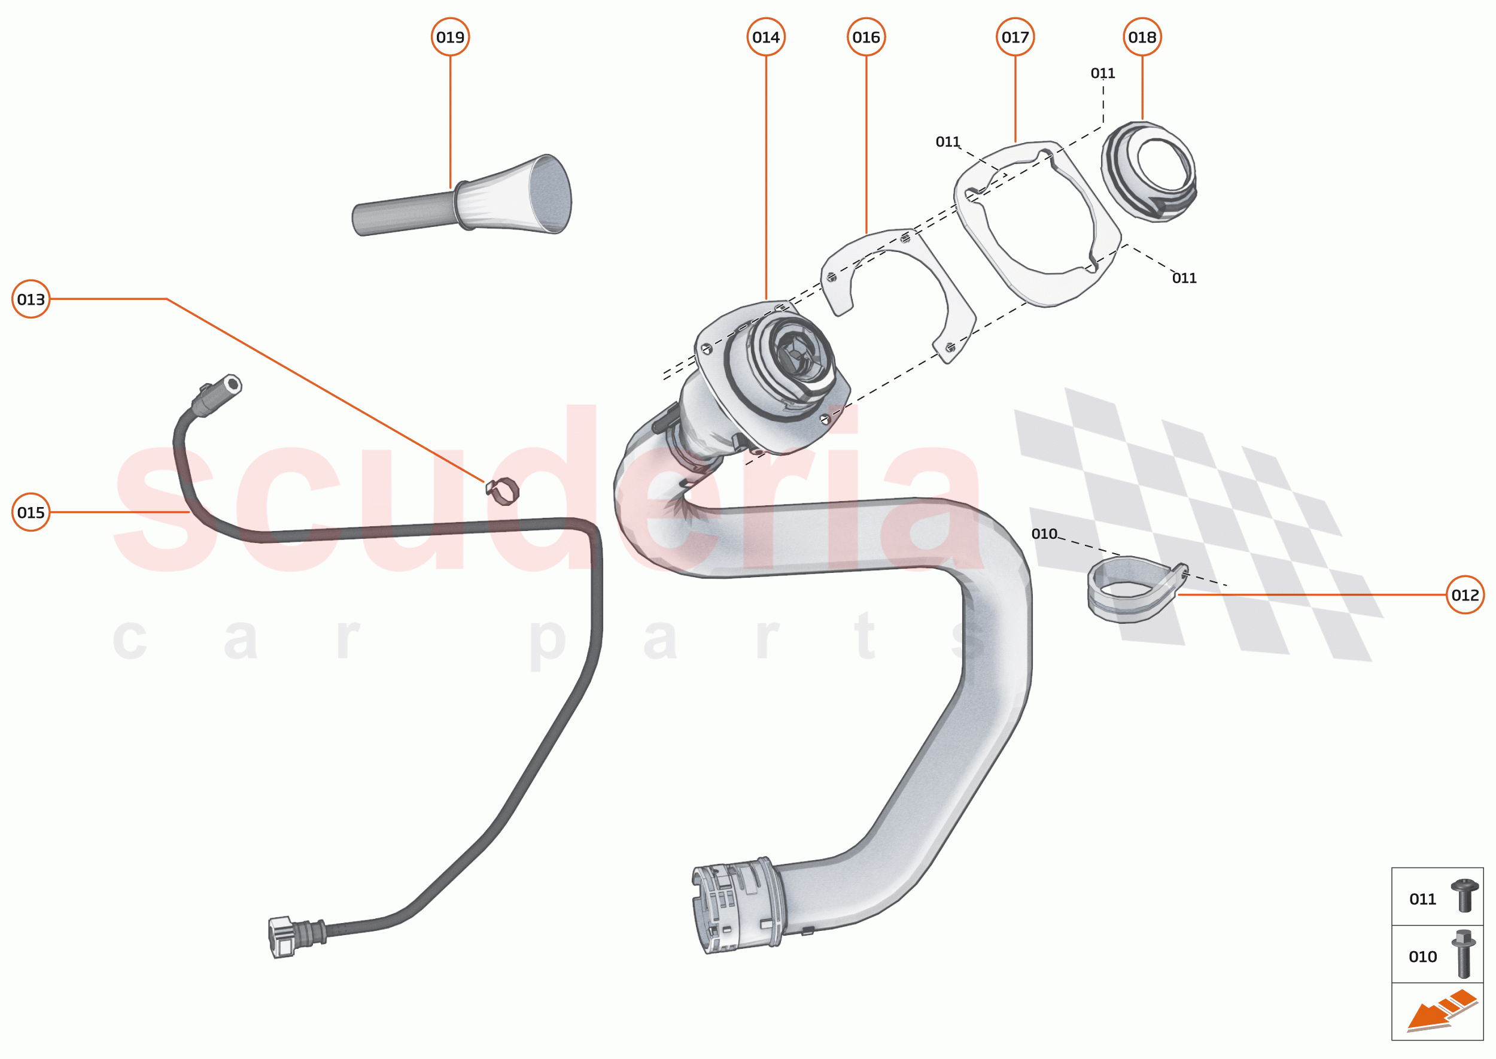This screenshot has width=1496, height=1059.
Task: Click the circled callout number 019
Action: point(450,37)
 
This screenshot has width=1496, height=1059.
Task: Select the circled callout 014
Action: point(765,37)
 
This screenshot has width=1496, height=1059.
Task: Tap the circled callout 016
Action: point(866,37)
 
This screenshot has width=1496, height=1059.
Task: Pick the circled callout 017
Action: point(1015,37)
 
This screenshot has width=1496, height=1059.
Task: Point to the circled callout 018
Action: point(1141,37)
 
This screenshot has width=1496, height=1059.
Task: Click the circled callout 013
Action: point(31,299)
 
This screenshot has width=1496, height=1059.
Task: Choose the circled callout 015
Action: point(31,512)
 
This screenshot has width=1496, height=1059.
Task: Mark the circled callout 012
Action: point(1465,594)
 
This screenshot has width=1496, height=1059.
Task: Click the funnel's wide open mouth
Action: point(551,194)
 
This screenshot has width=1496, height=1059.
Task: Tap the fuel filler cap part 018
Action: point(1148,171)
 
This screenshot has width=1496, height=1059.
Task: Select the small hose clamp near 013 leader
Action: point(503,490)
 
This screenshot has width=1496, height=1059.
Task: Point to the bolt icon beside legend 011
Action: point(1464,896)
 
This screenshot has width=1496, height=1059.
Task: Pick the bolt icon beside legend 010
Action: point(1464,954)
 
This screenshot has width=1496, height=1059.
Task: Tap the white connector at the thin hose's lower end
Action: point(282,937)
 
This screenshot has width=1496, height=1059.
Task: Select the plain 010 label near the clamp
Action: point(1044,534)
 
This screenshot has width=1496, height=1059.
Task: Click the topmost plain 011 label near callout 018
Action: point(1102,73)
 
